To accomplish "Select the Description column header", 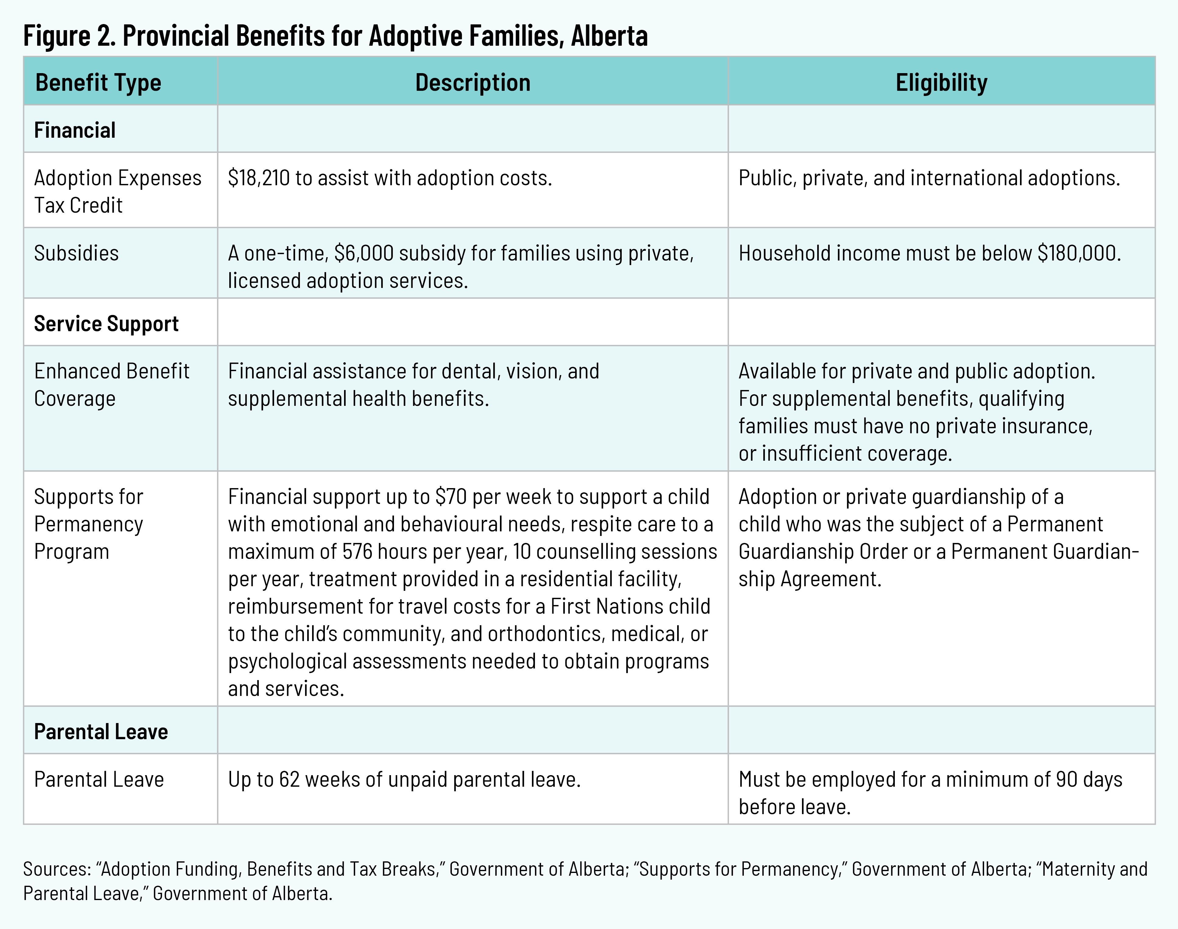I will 473,83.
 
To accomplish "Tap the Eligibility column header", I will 941,83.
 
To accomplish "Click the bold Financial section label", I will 75,130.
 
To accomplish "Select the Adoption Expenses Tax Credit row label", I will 118,191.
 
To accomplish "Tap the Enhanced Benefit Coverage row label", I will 111,385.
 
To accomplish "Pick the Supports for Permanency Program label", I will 89,524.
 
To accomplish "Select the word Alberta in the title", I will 609,36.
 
